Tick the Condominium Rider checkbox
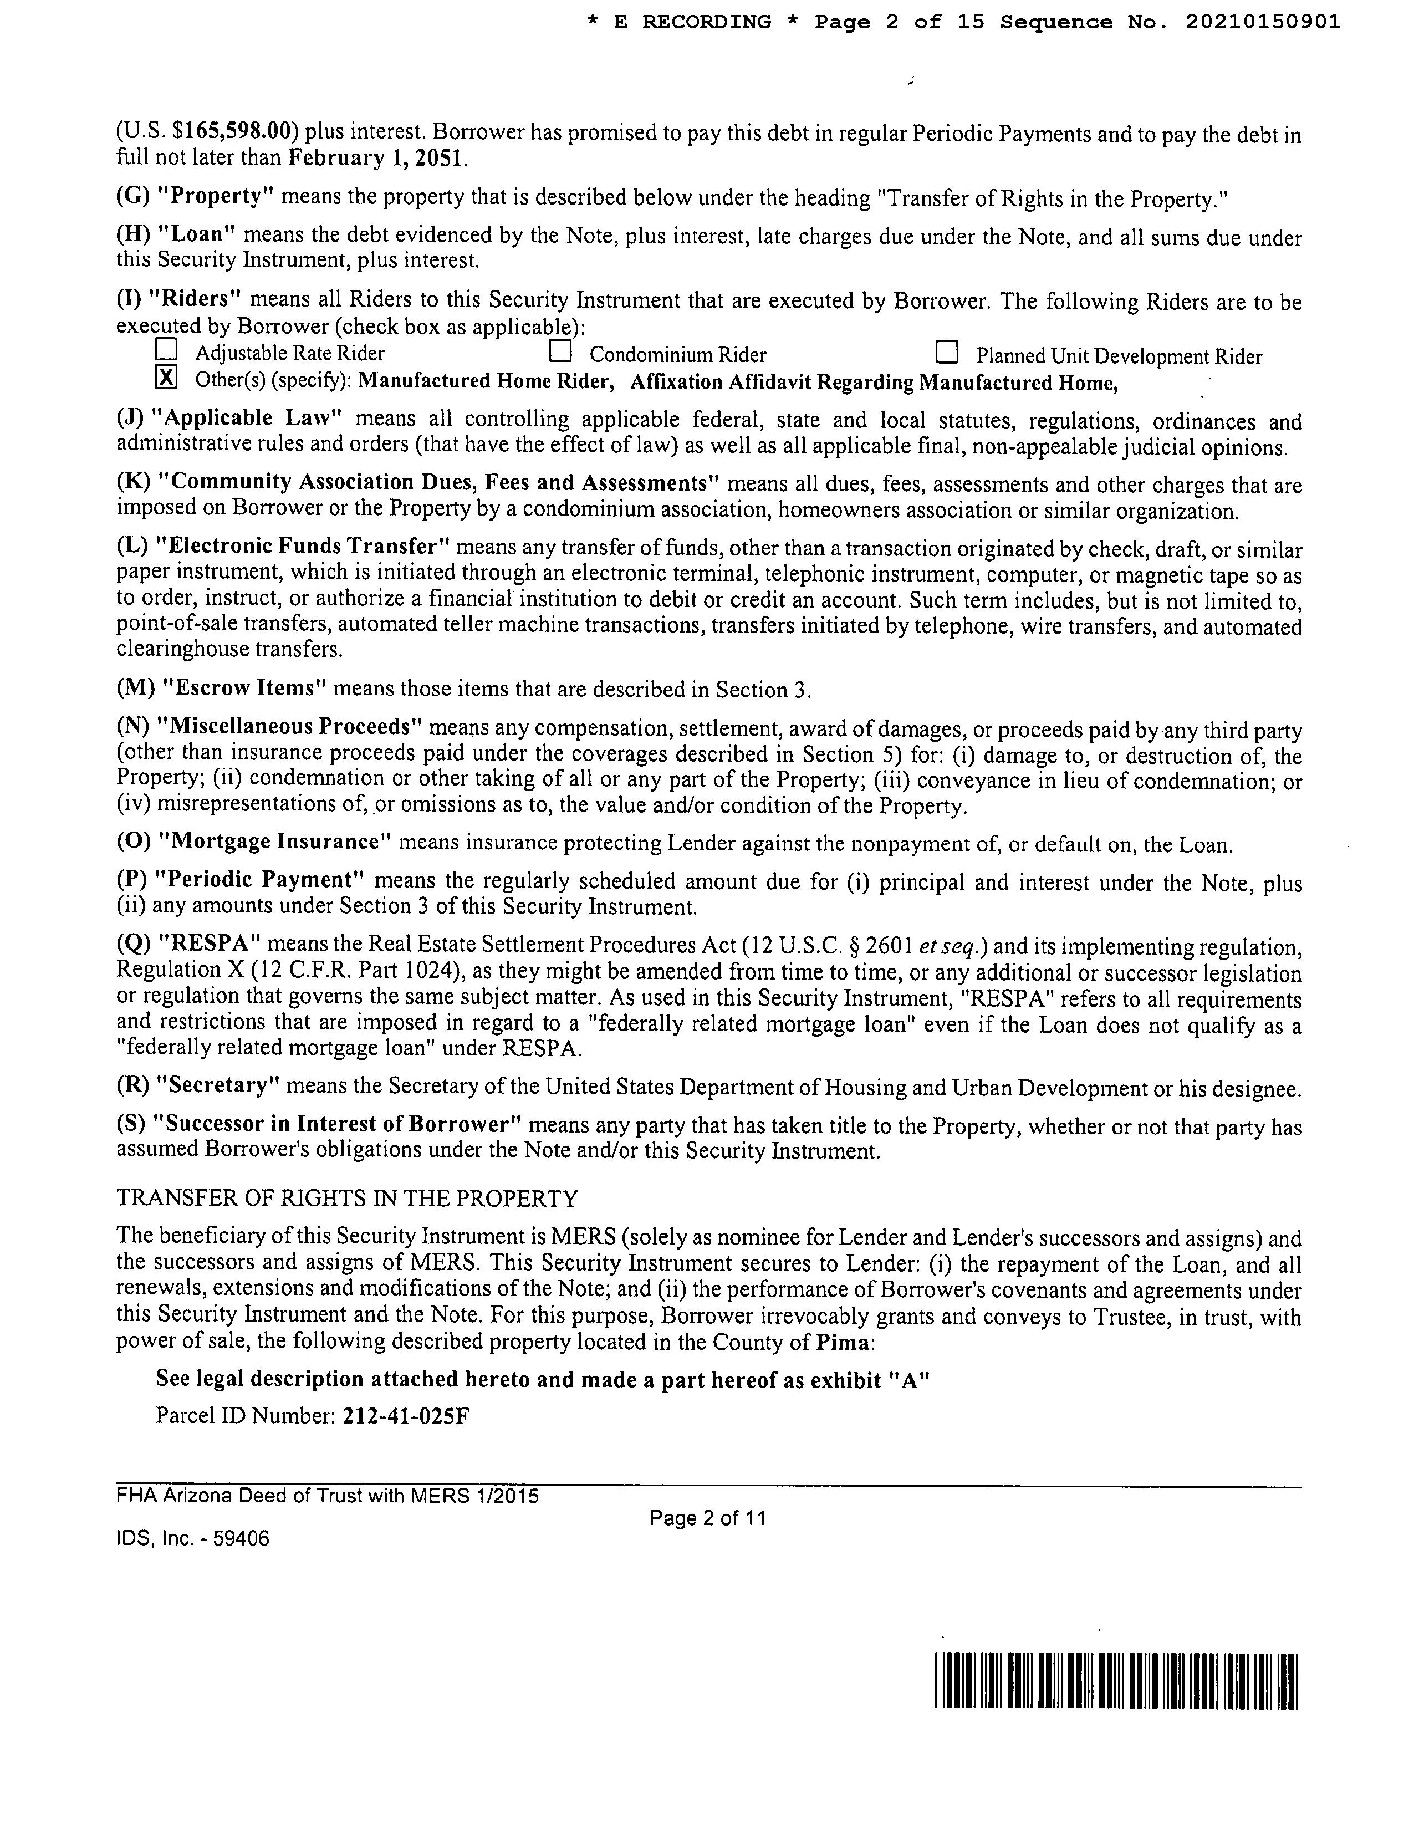coord(560,349)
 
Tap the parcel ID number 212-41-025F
coord(406,1416)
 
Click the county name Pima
coord(843,1343)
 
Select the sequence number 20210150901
coord(1263,23)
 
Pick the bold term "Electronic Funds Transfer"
coord(303,547)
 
